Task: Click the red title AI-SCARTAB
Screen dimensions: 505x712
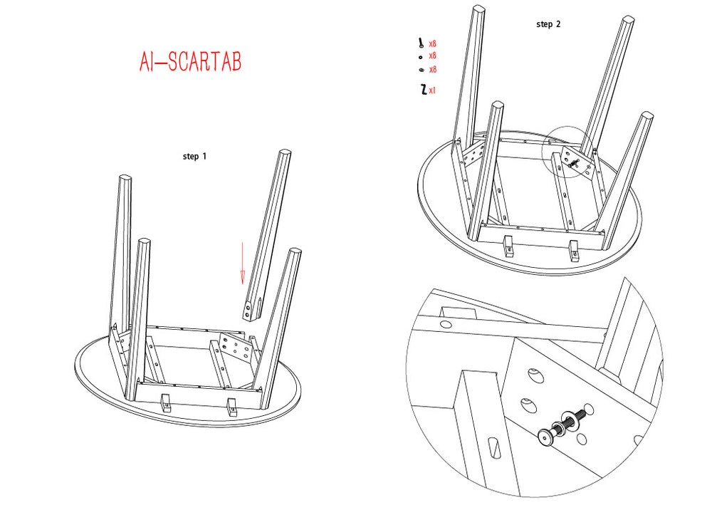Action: click(x=191, y=62)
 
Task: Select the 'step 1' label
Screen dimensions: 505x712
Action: click(x=194, y=156)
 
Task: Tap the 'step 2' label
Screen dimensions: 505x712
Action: click(x=548, y=24)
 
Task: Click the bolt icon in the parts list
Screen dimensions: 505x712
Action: click(x=422, y=43)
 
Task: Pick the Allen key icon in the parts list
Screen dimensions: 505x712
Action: click(x=423, y=90)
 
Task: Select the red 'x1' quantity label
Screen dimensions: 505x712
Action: click(x=432, y=90)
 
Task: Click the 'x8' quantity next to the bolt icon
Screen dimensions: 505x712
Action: click(x=432, y=43)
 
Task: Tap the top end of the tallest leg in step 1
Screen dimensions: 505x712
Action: click(x=286, y=155)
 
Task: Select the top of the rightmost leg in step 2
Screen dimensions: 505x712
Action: click(x=646, y=116)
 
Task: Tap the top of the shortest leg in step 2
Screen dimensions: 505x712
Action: click(x=496, y=107)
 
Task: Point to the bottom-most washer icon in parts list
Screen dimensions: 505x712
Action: click(x=422, y=69)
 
